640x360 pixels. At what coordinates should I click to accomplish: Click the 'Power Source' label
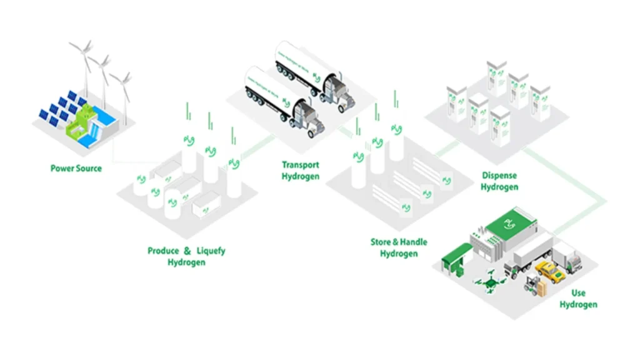coord(76,169)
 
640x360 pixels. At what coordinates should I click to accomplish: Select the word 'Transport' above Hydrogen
coord(300,166)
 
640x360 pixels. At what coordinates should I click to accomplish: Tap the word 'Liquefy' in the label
coord(211,251)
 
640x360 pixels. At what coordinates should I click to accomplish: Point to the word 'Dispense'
coord(500,176)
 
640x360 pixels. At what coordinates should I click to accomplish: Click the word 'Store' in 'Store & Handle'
coord(381,242)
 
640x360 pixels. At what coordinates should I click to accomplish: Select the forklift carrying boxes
coord(534,286)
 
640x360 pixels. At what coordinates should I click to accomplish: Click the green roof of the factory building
coord(512,222)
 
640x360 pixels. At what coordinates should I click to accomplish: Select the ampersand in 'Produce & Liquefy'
coord(187,251)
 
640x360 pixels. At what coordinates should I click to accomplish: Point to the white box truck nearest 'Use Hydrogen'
coord(569,256)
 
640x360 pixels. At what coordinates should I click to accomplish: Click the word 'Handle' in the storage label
coord(412,242)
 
